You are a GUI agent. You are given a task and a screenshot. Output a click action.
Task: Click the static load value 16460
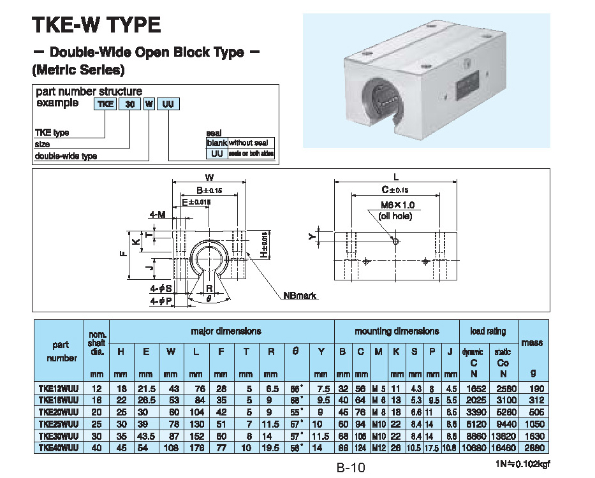pyautogui.click(x=503, y=447)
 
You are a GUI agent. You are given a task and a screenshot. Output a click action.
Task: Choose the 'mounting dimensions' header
pyautogui.click(x=397, y=331)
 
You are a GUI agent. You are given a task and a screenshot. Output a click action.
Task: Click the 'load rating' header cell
pyautogui.click(x=488, y=331)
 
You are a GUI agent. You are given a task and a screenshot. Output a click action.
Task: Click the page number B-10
pyautogui.click(x=351, y=468)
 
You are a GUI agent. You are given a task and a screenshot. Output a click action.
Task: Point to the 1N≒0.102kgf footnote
pyautogui.click(x=521, y=464)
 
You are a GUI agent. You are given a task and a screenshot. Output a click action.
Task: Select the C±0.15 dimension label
pyautogui.click(x=395, y=189)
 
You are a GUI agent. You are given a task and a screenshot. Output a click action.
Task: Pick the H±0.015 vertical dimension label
pyautogui.click(x=263, y=244)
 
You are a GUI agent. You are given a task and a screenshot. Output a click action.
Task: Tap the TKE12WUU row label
pyautogui.click(x=59, y=388)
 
